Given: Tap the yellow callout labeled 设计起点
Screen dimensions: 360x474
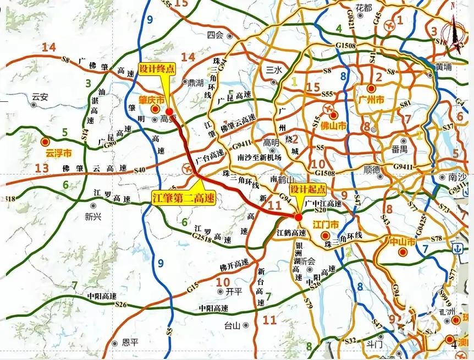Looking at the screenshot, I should pyautogui.click(x=308, y=189).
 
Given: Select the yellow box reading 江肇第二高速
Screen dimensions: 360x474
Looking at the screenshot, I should pyautogui.click(x=183, y=197).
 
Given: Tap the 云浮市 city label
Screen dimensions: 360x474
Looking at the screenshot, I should pyautogui.click(x=59, y=153).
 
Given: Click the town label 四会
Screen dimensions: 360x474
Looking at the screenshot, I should pyautogui.click(x=216, y=35).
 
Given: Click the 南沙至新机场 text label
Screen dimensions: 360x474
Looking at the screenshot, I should pyautogui.click(x=259, y=157).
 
